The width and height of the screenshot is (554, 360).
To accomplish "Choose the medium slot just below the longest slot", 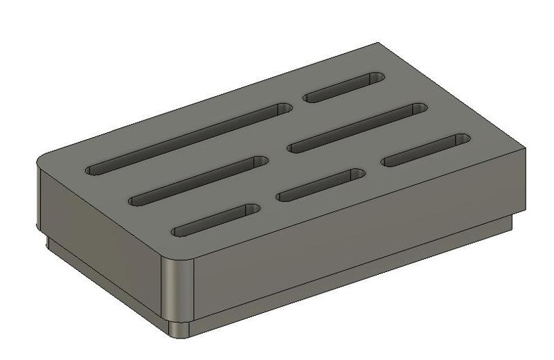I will click(x=198, y=181).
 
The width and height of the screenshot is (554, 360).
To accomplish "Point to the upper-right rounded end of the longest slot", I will click(x=283, y=109).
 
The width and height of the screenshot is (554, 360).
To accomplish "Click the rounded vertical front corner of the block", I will click(x=177, y=291).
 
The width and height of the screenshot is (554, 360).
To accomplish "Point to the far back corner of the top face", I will click(x=378, y=44).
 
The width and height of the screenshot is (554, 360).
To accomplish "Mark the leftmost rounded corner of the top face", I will click(x=43, y=160).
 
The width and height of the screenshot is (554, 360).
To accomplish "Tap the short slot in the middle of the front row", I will click(x=320, y=186).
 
